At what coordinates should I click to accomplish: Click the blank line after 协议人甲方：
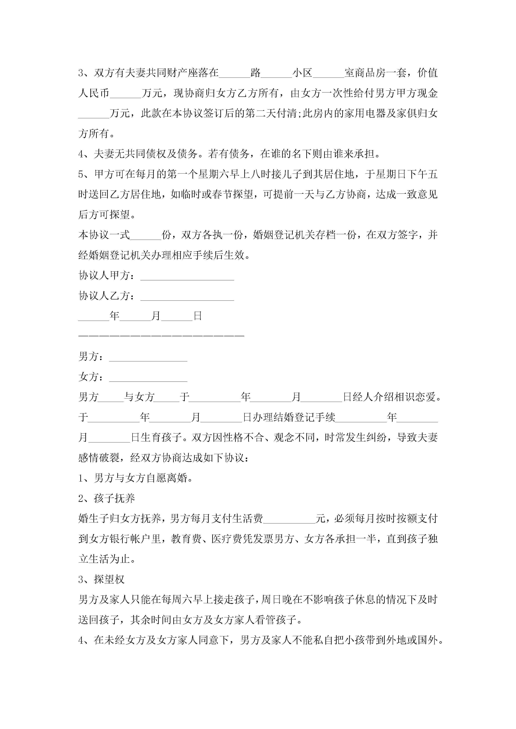point(187,276)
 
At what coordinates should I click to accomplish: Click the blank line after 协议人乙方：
point(187,297)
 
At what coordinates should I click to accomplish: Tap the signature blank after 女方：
point(148,378)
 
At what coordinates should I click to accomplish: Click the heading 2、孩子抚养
point(107,499)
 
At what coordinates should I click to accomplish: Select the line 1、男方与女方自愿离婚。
point(135,478)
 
